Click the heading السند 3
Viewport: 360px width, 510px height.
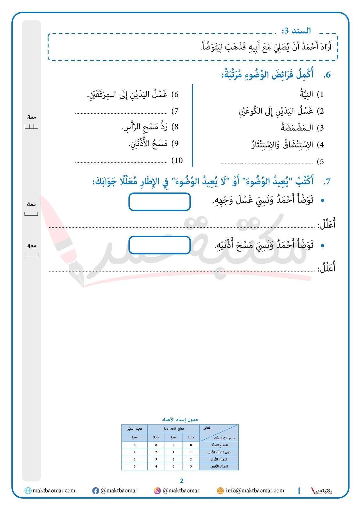pos(296,30)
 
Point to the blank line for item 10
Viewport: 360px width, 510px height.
pos(121,162)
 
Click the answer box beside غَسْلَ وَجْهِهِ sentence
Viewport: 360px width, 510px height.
pos(160,201)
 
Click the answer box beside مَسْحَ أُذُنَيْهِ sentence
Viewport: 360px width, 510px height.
pos(160,245)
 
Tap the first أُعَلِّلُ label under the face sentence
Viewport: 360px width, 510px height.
pos(327,225)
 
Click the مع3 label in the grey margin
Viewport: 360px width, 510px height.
pos(31,117)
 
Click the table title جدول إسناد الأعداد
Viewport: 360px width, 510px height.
pos(180,420)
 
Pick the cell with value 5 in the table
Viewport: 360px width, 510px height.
pos(135,466)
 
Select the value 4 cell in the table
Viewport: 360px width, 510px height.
pos(156,466)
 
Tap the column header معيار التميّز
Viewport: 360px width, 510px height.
pos(135,429)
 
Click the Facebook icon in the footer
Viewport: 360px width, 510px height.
pos(95,491)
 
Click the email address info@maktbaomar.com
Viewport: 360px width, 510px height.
pos(255,491)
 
